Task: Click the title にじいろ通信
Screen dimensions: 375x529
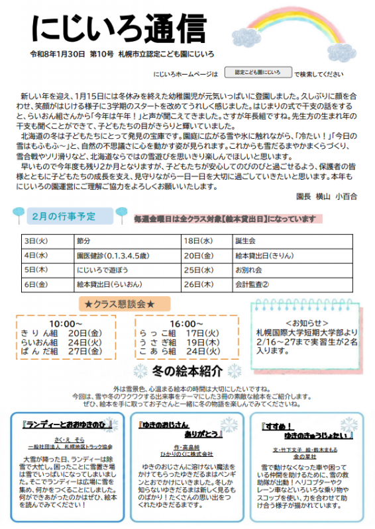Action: (119, 28)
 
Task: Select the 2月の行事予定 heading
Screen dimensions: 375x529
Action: (64, 216)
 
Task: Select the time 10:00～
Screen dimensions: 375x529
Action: (65, 323)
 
